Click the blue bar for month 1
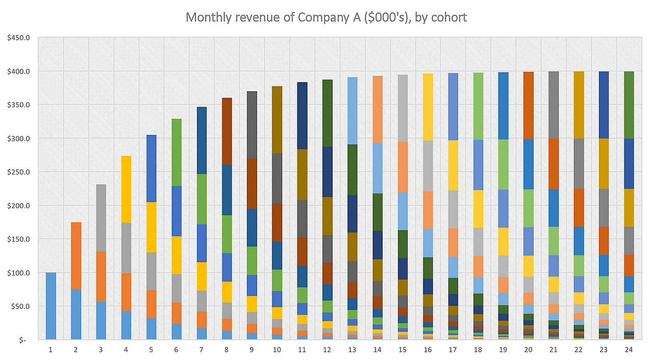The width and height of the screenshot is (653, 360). [x=51, y=306]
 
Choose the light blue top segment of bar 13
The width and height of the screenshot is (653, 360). [x=352, y=111]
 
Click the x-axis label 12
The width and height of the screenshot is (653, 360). [x=327, y=350]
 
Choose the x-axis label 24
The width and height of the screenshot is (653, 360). [x=629, y=350]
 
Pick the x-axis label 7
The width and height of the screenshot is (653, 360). [x=202, y=350]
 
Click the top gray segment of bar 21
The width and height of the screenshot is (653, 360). [x=554, y=105]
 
